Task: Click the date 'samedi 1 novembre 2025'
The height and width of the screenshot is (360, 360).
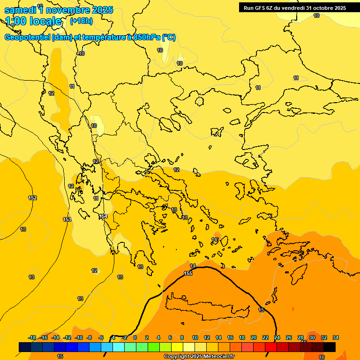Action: coord(59,10)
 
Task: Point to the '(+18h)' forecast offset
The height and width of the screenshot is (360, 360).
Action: coord(81,21)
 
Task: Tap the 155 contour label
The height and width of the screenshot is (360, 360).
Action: coord(188,273)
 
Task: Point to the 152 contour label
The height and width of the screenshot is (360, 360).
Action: coord(32,198)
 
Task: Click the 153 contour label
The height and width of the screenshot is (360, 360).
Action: coord(67,219)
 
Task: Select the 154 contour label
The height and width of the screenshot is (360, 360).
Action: coord(103,216)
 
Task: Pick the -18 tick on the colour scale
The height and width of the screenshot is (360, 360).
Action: coord(32,337)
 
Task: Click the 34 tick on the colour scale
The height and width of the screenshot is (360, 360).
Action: coord(336,337)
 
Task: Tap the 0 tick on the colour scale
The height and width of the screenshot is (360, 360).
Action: coord(135,337)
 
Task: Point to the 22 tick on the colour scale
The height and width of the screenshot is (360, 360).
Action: coord(265,337)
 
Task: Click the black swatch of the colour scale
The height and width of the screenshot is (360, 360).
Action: coord(330,347)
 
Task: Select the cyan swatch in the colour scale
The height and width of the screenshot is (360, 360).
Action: coord(119,347)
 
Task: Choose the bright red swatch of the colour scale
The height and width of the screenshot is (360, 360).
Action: coord(271,347)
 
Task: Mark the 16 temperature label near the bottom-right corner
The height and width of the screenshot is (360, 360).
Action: coord(322,357)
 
